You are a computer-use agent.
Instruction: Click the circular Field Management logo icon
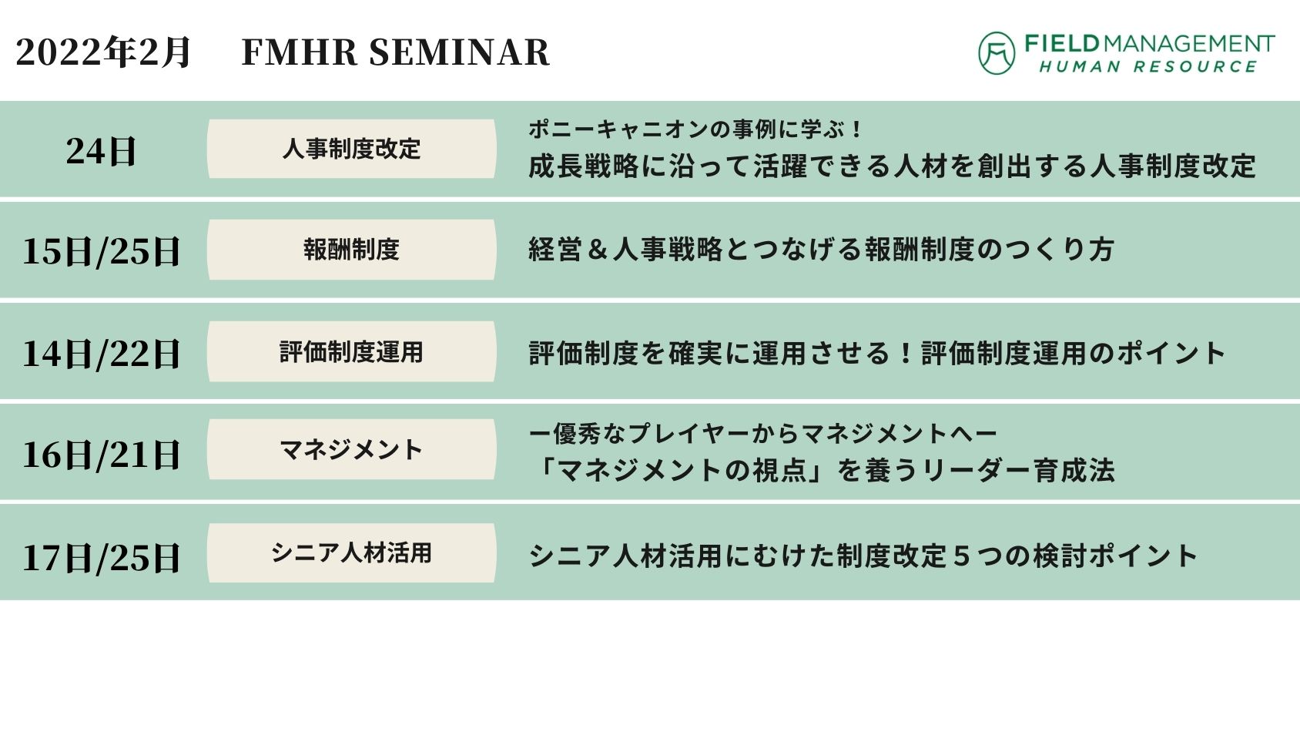click(997, 53)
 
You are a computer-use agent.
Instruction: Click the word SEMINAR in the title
click(460, 52)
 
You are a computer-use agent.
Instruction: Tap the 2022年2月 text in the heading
click(102, 52)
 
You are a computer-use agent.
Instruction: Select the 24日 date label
click(101, 152)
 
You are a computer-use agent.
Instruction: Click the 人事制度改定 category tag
click(352, 149)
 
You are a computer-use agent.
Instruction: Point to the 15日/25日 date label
click(101, 252)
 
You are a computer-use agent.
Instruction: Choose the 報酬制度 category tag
click(352, 250)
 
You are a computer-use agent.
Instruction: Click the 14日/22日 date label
click(101, 354)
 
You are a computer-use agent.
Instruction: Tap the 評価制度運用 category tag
click(352, 352)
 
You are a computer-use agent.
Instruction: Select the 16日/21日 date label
click(101, 455)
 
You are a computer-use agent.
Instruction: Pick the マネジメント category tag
click(352, 450)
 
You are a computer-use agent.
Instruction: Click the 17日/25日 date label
click(101, 557)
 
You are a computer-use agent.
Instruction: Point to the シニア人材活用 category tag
click(352, 553)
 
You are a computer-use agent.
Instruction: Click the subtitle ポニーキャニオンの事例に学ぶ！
click(695, 129)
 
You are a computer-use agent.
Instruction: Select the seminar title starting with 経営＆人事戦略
click(821, 250)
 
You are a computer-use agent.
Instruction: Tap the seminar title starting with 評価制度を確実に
click(876, 353)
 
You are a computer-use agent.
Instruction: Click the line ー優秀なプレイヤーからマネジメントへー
click(762, 434)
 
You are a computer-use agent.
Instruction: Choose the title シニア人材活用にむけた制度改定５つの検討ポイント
click(863, 556)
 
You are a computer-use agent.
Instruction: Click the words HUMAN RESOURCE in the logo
click(1148, 67)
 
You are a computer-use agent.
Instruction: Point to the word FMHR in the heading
click(300, 52)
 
